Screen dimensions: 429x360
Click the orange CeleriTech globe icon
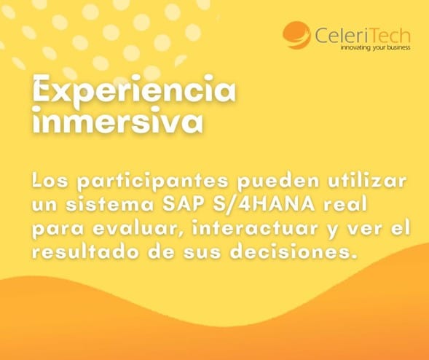(x=297, y=35)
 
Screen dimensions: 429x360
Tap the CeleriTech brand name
(x=363, y=35)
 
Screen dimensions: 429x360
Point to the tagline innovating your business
(x=375, y=47)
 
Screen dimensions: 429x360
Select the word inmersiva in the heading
(x=118, y=121)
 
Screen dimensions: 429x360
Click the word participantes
(x=153, y=181)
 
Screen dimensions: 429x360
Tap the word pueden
(x=278, y=181)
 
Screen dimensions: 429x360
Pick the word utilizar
(x=367, y=181)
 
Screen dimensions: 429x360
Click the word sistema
(x=110, y=205)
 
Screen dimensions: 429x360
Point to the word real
(x=345, y=204)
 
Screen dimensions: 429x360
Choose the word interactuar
(x=255, y=228)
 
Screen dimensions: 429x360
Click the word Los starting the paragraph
(x=50, y=181)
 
